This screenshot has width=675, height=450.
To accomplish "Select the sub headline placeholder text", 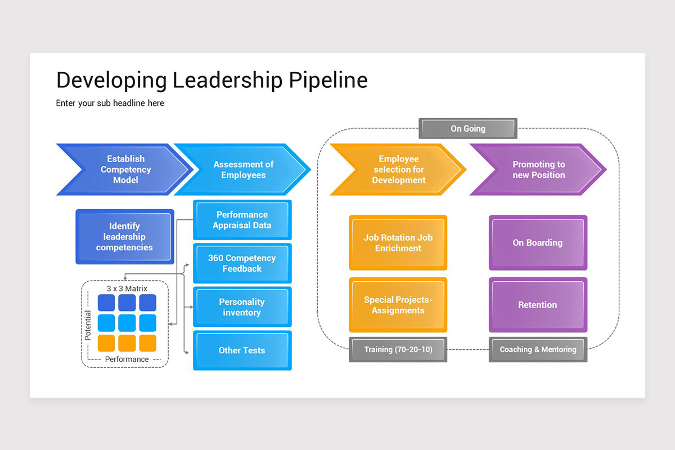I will click(x=110, y=103).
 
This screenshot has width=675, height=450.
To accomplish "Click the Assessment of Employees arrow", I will click(x=243, y=169).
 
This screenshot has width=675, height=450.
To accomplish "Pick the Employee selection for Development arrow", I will click(x=398, y=169).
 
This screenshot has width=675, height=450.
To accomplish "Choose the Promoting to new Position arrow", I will click(x=538, y=169).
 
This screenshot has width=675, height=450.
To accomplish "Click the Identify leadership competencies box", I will click(x=125, y=237).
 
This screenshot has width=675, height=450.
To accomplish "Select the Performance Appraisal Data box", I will click(x=242, y=220).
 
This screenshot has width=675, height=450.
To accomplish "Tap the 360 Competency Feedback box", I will click(x=242, y=263).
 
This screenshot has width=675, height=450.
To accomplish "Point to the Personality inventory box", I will click(x=242, y=307).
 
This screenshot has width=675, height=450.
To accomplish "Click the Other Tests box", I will click(x=242, y=350).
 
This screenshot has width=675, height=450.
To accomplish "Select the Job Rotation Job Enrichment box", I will click(x=398, y=243).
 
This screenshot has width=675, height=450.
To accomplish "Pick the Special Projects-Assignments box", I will click(x=398, y=305).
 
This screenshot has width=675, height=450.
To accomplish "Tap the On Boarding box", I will click(x=538, y=243).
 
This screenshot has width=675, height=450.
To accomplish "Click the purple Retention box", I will click(x=538, y=305).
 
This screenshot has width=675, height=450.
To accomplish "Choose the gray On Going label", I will click(x=468, y=129).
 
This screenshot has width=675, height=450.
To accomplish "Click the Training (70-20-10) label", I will click(x=398, y=349).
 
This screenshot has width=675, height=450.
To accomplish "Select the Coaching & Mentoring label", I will click(x=538, y=349).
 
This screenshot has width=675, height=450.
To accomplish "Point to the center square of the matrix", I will click(x=127, y=323).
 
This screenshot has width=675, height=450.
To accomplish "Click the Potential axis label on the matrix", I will click(x=88, y=325).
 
